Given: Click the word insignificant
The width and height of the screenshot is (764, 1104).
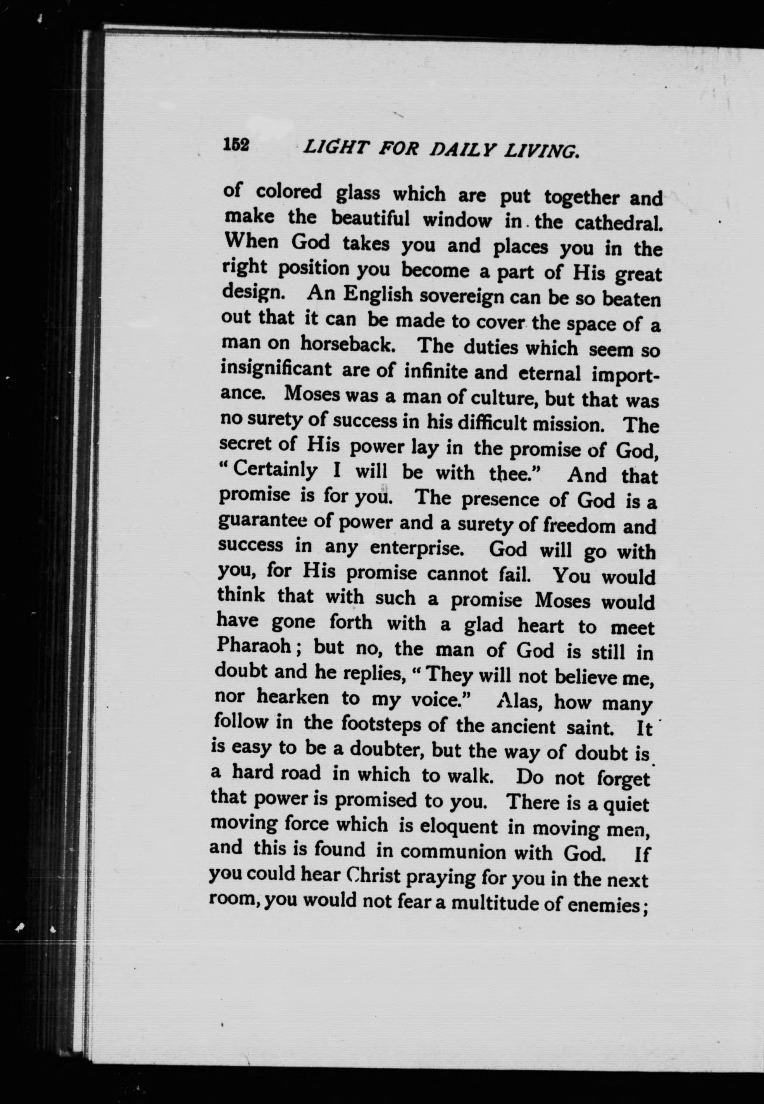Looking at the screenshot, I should tap(276, 369).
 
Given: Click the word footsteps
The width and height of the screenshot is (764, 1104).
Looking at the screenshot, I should tap(381, 724).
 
